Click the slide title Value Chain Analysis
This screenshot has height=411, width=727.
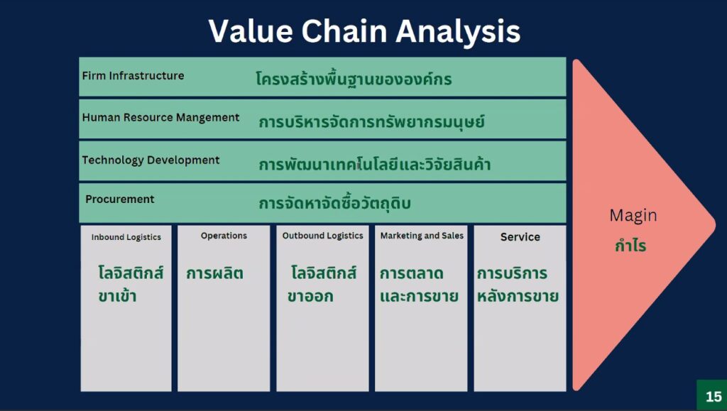(x=364, y=31)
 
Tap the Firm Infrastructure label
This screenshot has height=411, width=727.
(x=133, y=75)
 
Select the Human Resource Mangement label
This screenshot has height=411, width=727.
(x=161, y=118)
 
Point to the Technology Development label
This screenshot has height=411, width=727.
(x=151, y=160)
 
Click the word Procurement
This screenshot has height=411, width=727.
(x=119, y=199)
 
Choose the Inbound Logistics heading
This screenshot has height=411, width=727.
(x=126, y=237)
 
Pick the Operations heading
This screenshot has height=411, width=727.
(x=224, y=236)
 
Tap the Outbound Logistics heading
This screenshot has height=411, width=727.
(x=323, y=236)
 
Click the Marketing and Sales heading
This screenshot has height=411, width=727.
(x=422, y=236)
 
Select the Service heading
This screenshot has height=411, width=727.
(x=520, y=237)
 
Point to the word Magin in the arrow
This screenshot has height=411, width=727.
(x=633, y=216)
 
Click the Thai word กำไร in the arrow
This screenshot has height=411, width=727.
(x=630, y=245)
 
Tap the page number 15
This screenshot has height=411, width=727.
(x=714, y=397)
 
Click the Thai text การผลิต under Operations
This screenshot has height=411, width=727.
(x=214, y=273)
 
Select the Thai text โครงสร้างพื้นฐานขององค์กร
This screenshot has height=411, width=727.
(x=354, y=79)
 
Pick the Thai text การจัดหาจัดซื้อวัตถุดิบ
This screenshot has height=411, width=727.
(x=335, y=203)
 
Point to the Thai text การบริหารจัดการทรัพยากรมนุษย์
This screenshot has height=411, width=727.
(x=372, y=122)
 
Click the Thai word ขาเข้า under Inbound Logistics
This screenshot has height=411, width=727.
(x=117, y=295)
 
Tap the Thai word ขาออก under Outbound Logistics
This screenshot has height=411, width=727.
(x=310, y=296)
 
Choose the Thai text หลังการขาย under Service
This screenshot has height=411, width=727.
(x=518, y=295)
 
